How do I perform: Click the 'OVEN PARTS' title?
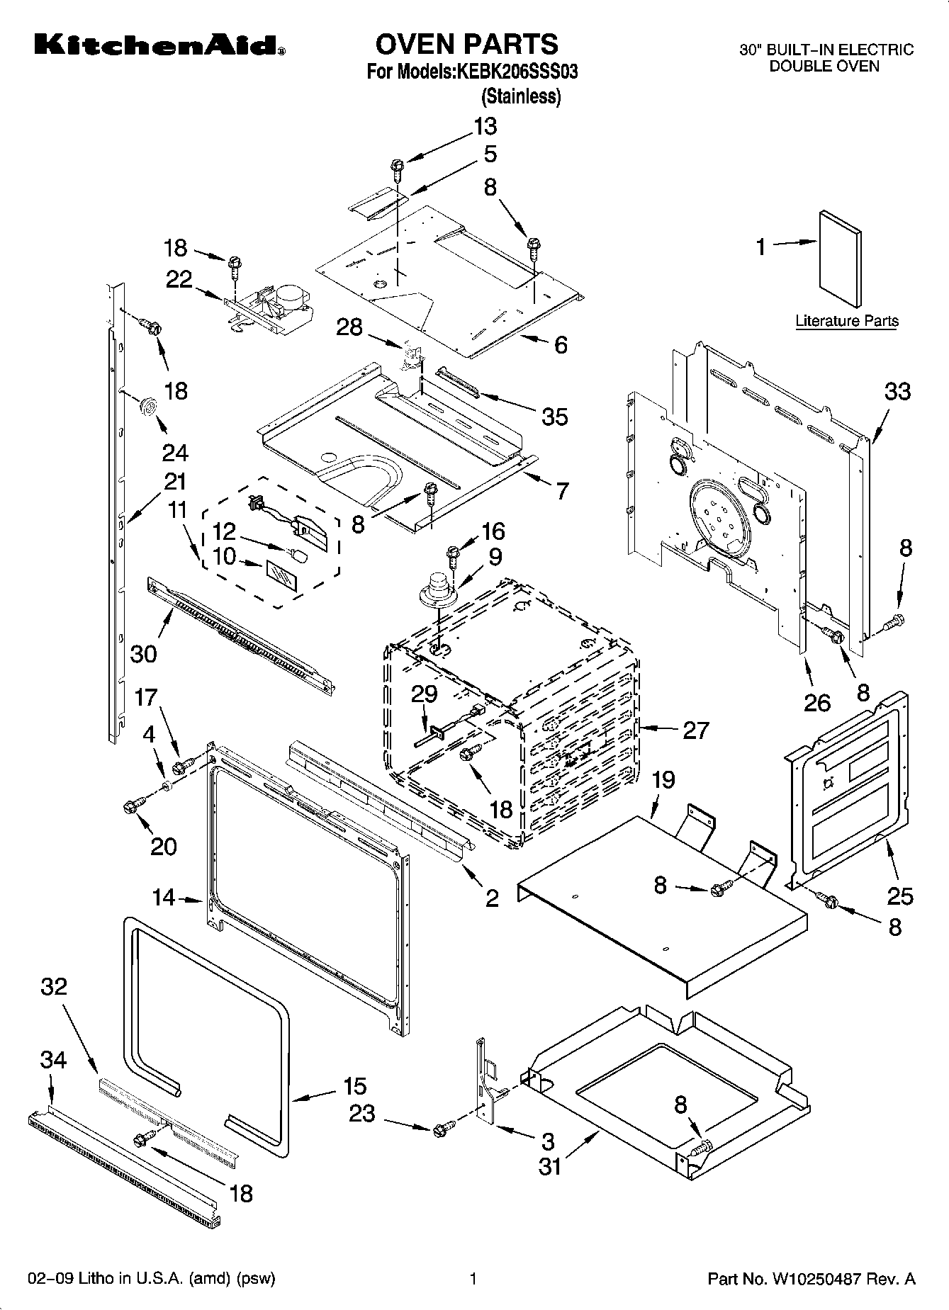click(x=466, y=44)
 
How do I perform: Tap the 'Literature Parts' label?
click(x=846, y=321)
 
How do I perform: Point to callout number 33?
click(x=897, y=391)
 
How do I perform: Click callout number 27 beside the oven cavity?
click(x=695, y=730)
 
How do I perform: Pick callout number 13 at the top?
click(x=485, y=127)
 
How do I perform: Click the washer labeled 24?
click(x=148, y=405)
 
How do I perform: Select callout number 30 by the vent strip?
click(x=143, y=653)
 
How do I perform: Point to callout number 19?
click(x=663, y=780)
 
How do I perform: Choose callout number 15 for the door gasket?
click(x=354, y=1086)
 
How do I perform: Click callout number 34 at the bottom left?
click(x=53, y=1060)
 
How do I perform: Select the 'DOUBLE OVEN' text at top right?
click(x=824, y=67)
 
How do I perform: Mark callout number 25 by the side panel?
click(x=900, y=896)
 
